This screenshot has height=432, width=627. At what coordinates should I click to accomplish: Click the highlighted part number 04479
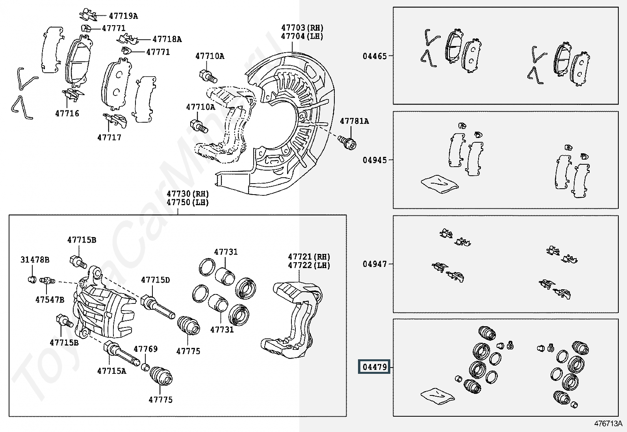tap(374, 367)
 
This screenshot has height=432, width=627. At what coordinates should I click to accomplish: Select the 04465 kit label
tap(375, 56)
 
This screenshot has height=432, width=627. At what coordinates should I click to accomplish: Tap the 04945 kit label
tap(375, 160)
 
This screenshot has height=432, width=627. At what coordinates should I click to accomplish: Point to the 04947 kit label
tap(375, 264)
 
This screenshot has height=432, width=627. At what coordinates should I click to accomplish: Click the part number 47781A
tap(354, 121)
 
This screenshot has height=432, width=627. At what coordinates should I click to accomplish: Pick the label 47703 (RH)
tap(302, 28)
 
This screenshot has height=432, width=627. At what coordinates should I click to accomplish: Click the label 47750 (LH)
tap(187, 202)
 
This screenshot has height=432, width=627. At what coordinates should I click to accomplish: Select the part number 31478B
tap(35, 260)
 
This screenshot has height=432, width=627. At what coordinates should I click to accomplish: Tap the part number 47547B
tap(50, 300)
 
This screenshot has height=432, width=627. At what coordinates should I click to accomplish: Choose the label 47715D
tap(156, 280)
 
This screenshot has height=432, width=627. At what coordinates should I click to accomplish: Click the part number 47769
tap(145, 349)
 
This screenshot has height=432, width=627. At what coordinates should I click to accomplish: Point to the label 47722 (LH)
tap(309, 265)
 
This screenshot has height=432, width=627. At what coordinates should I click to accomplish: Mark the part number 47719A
tap(123, 16)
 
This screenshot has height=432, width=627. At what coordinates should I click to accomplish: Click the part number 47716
tap(67, 114)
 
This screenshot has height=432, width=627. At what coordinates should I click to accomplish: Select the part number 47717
tap(109, 138)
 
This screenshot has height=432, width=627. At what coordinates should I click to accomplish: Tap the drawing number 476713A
tap(608, 423)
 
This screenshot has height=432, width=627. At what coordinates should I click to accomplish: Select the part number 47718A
tap(167, 39)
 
